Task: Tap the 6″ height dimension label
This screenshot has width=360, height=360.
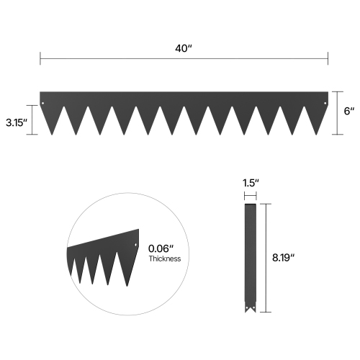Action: click(x=348, y=112)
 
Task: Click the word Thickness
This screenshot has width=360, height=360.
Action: click(x=165, y=258)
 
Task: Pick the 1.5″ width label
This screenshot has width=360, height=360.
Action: click(x=250, y=183)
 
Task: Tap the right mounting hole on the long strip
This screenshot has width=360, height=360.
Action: click(x=324, y=102)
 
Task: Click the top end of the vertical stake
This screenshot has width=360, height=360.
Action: click(x=250, y=207)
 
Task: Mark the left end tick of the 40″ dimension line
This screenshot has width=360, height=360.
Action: click(x=40, y=58)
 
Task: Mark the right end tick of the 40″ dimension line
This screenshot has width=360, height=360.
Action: click(x=328, y=58)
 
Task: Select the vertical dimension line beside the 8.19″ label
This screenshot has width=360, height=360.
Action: click(x=269, y=257)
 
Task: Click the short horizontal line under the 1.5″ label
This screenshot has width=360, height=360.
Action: click(x=250, y=194)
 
